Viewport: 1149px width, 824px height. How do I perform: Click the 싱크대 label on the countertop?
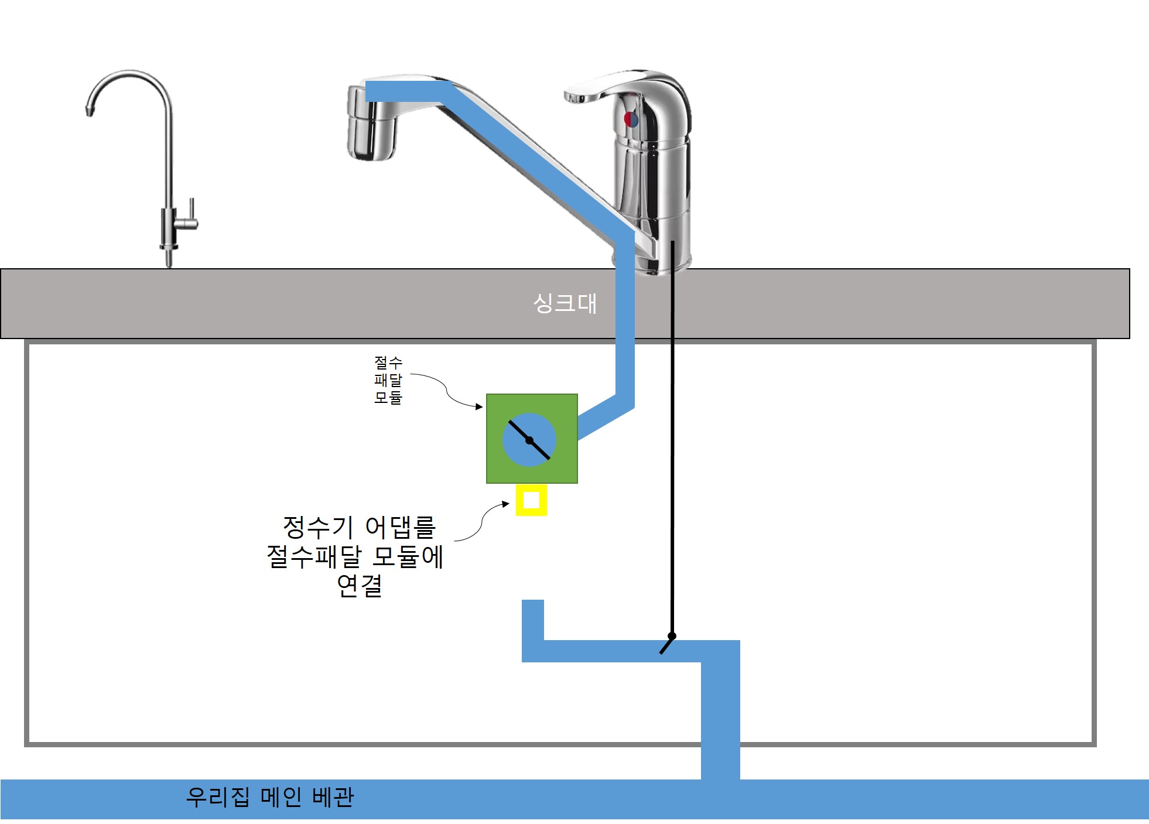tap(565, 303)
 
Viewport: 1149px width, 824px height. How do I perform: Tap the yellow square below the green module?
tap(531, 500)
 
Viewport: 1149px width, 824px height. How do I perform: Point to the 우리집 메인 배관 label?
tap(270, 797)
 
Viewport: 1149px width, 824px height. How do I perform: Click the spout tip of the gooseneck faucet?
tap(90, 110)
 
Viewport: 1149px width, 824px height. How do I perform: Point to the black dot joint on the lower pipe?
tap(672, 636)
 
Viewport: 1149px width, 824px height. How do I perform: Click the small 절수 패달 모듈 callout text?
tap(388, 379)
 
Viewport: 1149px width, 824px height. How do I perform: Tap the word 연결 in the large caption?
tap(360, 586)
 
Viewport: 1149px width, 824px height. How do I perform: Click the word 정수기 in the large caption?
tap(319, 528)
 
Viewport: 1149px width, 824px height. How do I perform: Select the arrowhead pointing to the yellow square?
tap(505, 504)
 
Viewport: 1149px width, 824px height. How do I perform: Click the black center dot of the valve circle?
tap(529, 440)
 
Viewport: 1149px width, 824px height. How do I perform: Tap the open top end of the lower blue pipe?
tap(532, 603)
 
